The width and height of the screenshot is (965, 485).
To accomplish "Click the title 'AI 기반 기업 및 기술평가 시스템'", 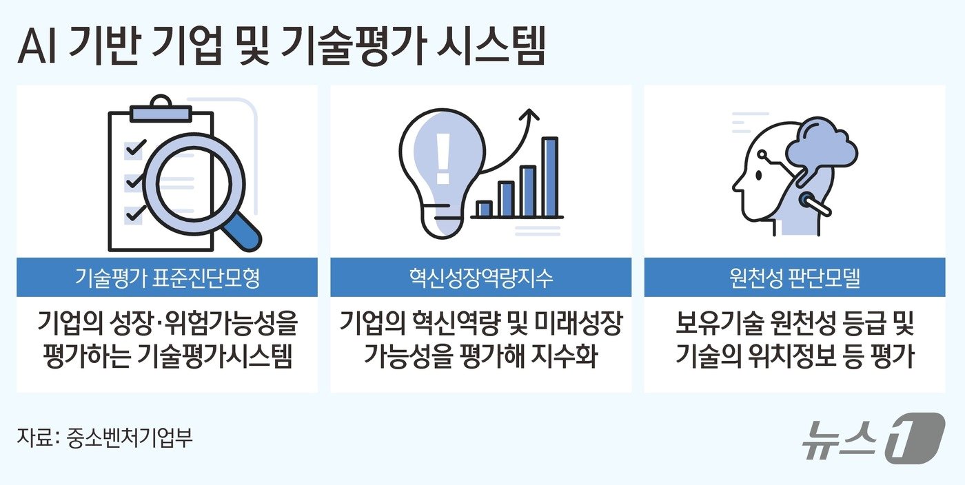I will pyautogui.click(x=281, y=48).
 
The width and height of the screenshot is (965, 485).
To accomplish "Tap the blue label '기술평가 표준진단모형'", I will pyautogui.click(x=167, y=278).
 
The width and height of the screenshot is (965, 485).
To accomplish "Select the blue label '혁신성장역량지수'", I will pyautogui.click(x=480, y=278).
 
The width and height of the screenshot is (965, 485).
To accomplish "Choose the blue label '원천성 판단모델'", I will pyautogui.click(x=794, y=278).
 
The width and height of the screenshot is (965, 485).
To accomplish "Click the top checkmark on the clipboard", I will pyautogui.click(x=135, y=147).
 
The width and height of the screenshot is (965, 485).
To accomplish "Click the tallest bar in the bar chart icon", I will pyautogui.click(x=549, y=176).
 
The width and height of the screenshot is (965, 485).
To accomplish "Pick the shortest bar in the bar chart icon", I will pyautogui.click(x=484, y=208).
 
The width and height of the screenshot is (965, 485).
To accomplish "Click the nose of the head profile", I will pyautogui.click(x=735, y=185).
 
